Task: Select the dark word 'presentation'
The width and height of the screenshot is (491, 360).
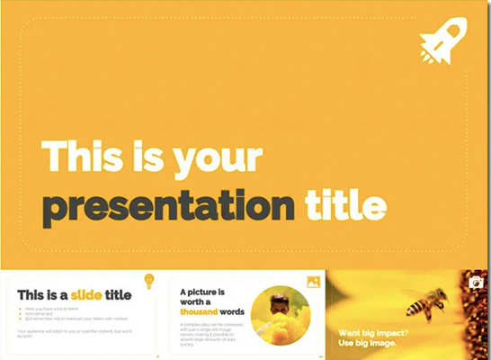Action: point(168,207)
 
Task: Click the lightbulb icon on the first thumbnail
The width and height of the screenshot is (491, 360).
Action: point(149,280)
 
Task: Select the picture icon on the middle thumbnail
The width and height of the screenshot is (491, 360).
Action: point(313,282)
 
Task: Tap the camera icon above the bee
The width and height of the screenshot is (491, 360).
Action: point(476,283)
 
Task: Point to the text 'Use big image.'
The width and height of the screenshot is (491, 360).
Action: point(367,344)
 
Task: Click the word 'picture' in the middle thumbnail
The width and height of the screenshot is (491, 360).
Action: point(208,292)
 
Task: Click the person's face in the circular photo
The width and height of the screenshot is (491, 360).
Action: point(280,302)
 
